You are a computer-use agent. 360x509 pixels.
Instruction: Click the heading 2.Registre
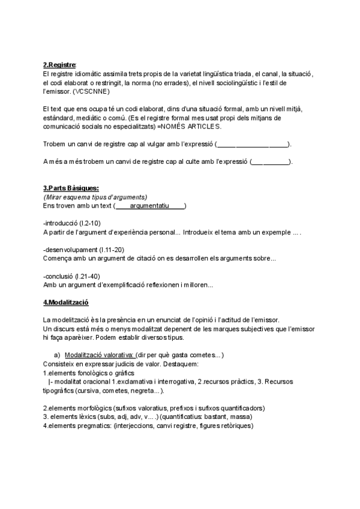pyautogui.click(x=60, y=65)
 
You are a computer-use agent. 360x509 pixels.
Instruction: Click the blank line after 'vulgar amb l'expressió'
pyautogui.click(x=252, y=145)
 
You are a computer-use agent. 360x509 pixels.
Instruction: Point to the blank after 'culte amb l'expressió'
pyautogui.click(x=270, y=162)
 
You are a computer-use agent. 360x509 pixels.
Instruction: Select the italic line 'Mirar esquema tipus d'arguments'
pyautogui.click(x=95, y=197)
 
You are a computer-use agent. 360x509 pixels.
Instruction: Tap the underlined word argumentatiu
pyautogui.click(x=149, y=206)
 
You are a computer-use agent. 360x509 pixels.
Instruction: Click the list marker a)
pyautogui.click(x=57, y=355)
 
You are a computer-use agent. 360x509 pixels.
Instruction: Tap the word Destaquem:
pyautogui.click(x=160, y=364)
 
